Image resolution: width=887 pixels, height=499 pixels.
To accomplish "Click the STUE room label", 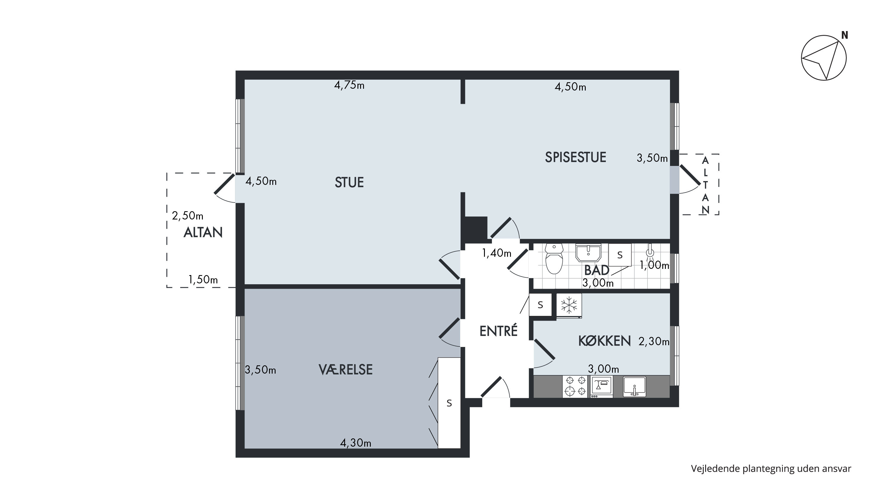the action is pyautogui.click(x=349, y=183).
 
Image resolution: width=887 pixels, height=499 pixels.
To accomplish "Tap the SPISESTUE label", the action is pyautogui.click(x=575, y=157).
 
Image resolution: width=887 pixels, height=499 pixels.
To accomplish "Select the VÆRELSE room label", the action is pyautogui.click(x=346, y=369).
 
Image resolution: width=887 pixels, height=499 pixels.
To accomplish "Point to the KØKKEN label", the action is pyautogui.click(x=605, y=341).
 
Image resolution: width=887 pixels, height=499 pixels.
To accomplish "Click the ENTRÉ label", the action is pyautogui.click(x=498, y=331).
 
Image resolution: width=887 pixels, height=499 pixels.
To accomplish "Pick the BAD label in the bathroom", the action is pyautogui.click(x=597, y=270).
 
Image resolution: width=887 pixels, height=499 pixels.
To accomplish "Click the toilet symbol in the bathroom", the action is pyautogui.click(x=554, y=259).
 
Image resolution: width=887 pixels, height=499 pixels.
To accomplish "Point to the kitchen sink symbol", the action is pyautogui.click(x=635, y=386).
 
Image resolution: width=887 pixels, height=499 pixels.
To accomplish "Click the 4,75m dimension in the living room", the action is pyautogui.click(x=349, y=85).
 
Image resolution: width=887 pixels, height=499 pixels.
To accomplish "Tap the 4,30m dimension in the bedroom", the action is pyautogui.click(x=356, y=443).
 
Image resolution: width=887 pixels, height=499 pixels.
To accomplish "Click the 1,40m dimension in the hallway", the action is pyautogui.click(x=496, y=253).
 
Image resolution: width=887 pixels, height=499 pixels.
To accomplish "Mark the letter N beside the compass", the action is pyautogui.click(x=845, y=35).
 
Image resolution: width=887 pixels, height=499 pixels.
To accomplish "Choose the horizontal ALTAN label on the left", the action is pyautogui.click(x=203, y=233).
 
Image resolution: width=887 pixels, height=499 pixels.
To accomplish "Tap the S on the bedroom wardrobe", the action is pyautogui.click(x=449, y=403).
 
